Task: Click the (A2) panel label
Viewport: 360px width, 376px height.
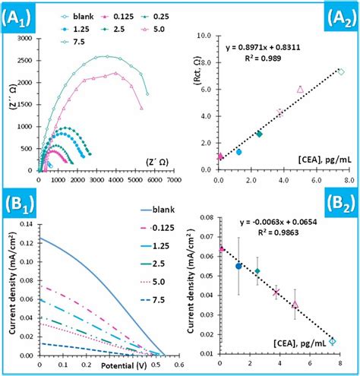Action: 338,16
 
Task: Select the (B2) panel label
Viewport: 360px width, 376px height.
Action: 338,204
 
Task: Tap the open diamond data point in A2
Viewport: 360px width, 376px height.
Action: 341,72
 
